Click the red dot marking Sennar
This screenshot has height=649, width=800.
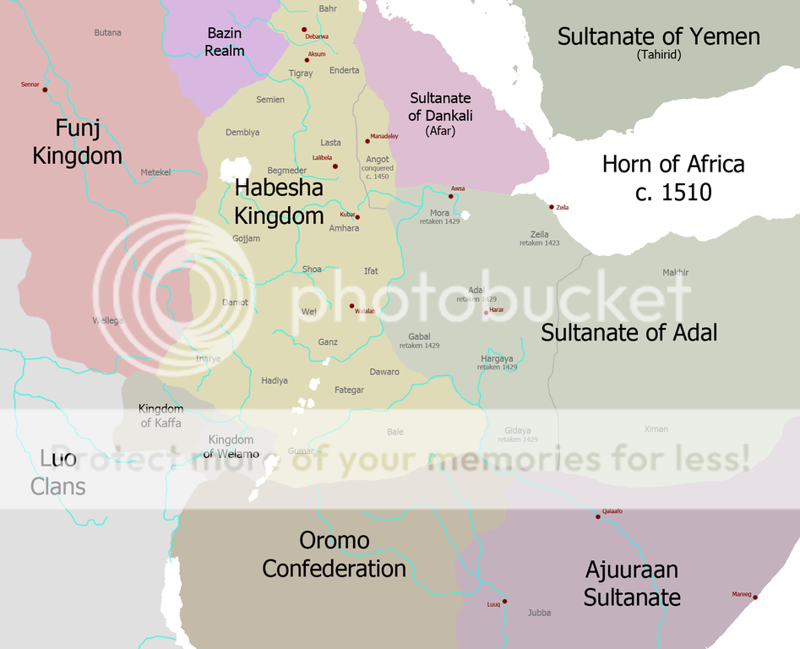(45, 90)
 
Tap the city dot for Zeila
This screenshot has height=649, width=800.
(552, 207)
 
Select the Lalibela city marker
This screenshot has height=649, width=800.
(335, 166)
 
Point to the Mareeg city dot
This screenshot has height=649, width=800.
(754, 597)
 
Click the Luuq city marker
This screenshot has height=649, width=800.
(504, 602)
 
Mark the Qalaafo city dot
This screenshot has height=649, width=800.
(598, 516)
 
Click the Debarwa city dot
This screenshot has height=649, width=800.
(304, 30)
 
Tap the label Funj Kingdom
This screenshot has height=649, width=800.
(78, 142)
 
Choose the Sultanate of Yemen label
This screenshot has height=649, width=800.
(659, 37)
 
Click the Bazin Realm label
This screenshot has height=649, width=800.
(225, 41)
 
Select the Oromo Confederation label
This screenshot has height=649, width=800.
(334, 554)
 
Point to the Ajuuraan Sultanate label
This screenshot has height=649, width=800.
(632, 583)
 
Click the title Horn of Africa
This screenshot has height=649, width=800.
(673, 177)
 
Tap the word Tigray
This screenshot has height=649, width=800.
(301, 74)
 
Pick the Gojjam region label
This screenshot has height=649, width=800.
(247, 238)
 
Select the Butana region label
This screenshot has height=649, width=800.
(107, 33)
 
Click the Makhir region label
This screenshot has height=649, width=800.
(676, 272)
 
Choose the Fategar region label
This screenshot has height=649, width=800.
(349, 390)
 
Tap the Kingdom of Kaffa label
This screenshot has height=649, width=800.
(161, 416)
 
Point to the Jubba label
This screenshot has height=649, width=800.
(539, 613)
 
